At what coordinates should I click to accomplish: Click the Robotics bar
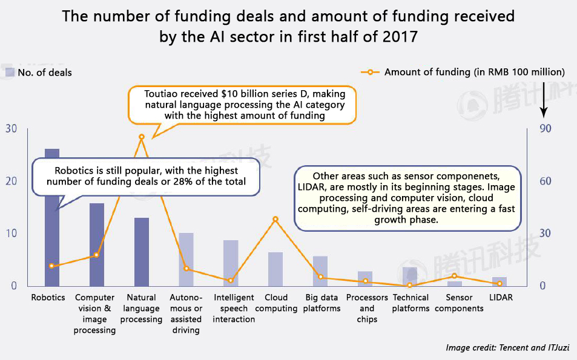click(52, 242)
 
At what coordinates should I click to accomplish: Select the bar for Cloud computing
click(275, 269)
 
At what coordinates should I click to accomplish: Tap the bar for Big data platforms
click(320, 271)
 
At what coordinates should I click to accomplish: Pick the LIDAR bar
click(500, 281)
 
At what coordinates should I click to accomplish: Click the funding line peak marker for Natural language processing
click(142, 137)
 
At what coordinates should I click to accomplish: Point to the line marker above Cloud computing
click(275, 219)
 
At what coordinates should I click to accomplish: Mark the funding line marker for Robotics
click(52, 266)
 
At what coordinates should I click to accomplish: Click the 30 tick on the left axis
click(12, 129)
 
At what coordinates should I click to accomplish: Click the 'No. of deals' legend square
click(10, 73)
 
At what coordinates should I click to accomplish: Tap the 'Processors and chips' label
click(367, 308)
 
